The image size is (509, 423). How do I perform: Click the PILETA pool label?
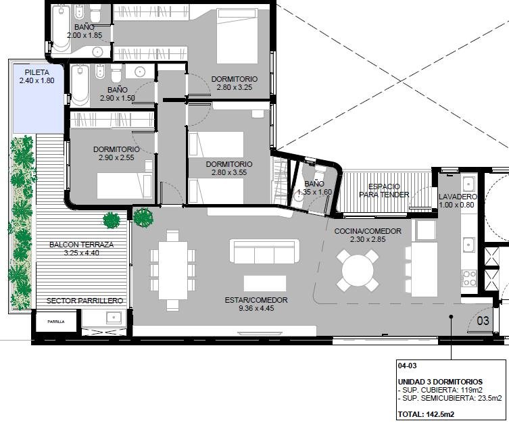(37, 72)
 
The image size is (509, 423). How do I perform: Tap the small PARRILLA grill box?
(56, 322)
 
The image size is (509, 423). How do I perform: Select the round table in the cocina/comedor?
(358, 270)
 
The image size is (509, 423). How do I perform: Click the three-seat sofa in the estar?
(264, 251)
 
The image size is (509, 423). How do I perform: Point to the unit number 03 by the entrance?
(483, 321)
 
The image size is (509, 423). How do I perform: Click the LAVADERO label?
(458, 197)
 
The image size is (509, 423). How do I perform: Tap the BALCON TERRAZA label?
(82, 245)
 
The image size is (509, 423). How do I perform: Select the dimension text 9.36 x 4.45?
(256, 308)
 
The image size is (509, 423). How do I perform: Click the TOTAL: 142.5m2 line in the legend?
(426, 414)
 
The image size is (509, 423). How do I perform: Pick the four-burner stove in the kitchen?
(469, 278)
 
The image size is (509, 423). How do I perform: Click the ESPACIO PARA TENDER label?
(384, 191)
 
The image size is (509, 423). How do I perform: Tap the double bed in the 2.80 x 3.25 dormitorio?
(237, 36)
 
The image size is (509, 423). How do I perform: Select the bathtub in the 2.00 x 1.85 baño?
(61, 28)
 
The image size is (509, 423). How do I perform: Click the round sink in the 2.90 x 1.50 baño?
(140, 72)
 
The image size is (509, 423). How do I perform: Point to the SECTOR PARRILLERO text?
(84, 301)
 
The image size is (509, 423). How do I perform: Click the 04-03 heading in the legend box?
(407, 366)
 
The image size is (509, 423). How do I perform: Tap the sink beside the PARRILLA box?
(114, 318)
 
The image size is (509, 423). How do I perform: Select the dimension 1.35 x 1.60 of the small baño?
(314, 192)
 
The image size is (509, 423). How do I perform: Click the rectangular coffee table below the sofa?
(265, 284)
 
